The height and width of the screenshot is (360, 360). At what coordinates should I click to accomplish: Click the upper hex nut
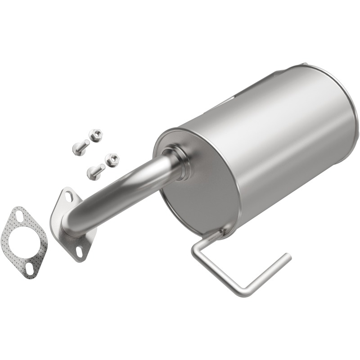click(x=95, y=135)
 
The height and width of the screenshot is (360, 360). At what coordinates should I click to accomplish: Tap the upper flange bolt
click(x=80, y=147)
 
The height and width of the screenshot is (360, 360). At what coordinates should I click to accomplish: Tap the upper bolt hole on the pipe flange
click(x=68, y=196)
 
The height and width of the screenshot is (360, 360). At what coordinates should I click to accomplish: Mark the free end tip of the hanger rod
click(x=286, y=257)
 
